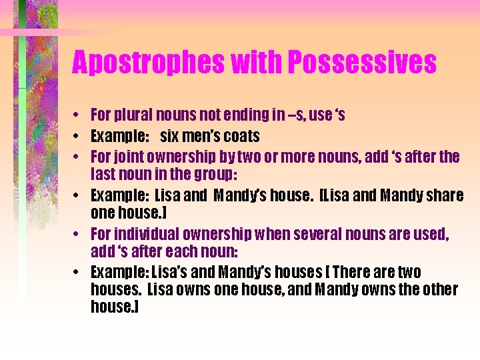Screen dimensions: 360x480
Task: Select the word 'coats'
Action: (x=242, y=136)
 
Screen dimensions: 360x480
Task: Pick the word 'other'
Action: (x=439, y=289)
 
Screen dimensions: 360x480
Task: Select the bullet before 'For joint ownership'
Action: (x=78, y=157)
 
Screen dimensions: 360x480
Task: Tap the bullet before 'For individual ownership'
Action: (x=78, y=235)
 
